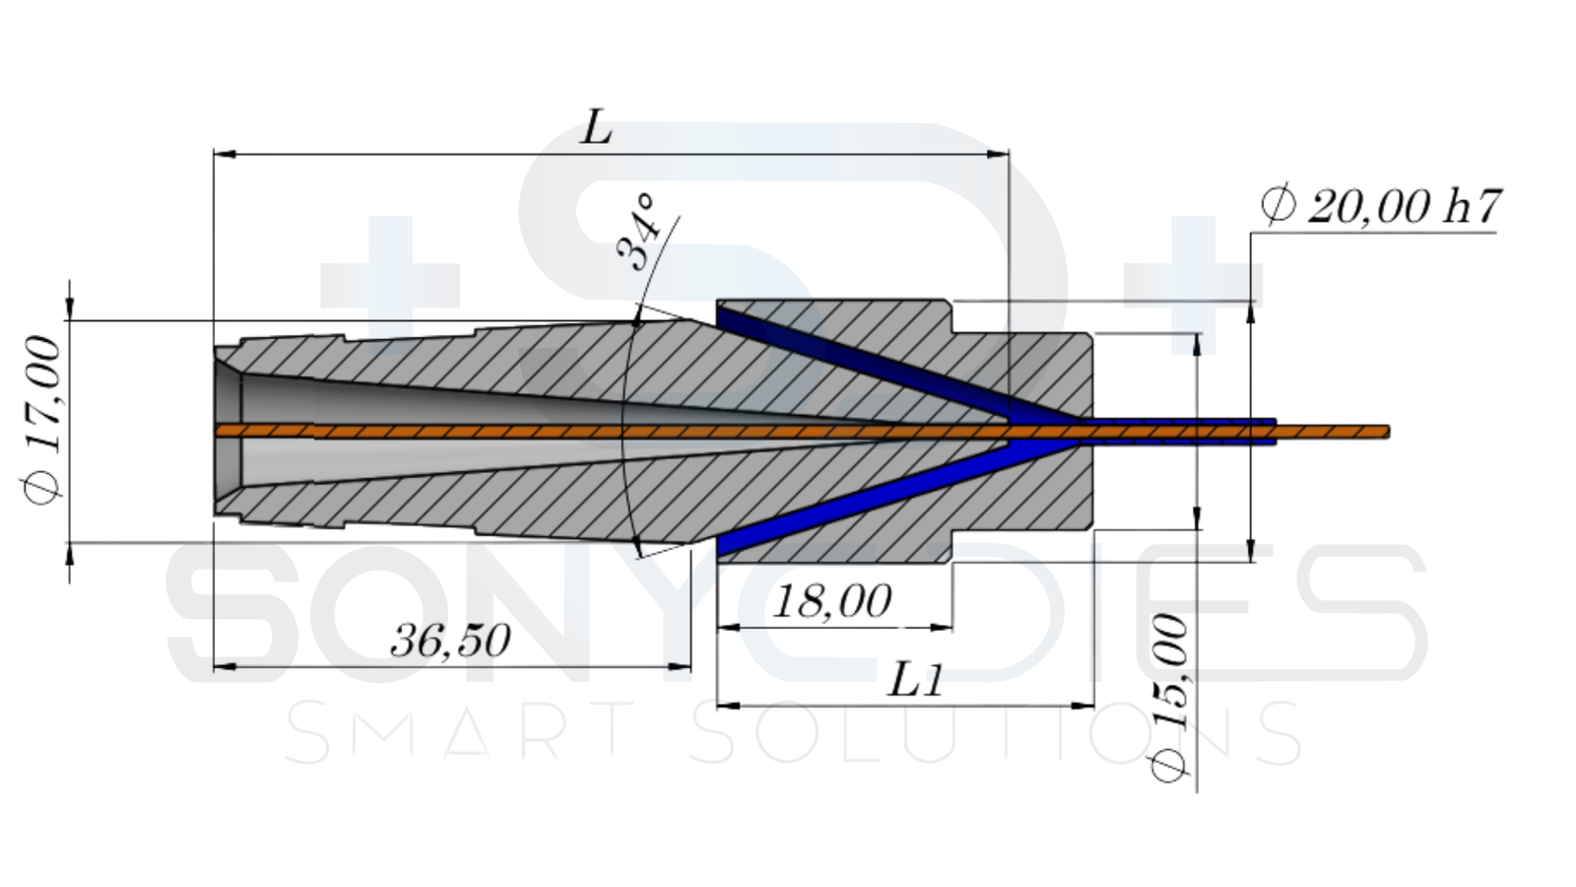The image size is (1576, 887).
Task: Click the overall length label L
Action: (596, 127)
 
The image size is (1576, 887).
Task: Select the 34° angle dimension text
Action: (639, 233)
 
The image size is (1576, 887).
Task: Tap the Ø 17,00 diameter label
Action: (41, 420)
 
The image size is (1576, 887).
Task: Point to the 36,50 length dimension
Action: (451, 640)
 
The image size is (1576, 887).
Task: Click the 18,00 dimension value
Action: (832, 601)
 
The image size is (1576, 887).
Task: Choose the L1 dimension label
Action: (915, 681)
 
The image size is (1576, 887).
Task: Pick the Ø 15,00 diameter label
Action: (1168, 697)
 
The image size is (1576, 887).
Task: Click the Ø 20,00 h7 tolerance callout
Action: (1380, 206)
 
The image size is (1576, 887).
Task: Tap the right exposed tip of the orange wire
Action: (1388, 432)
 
